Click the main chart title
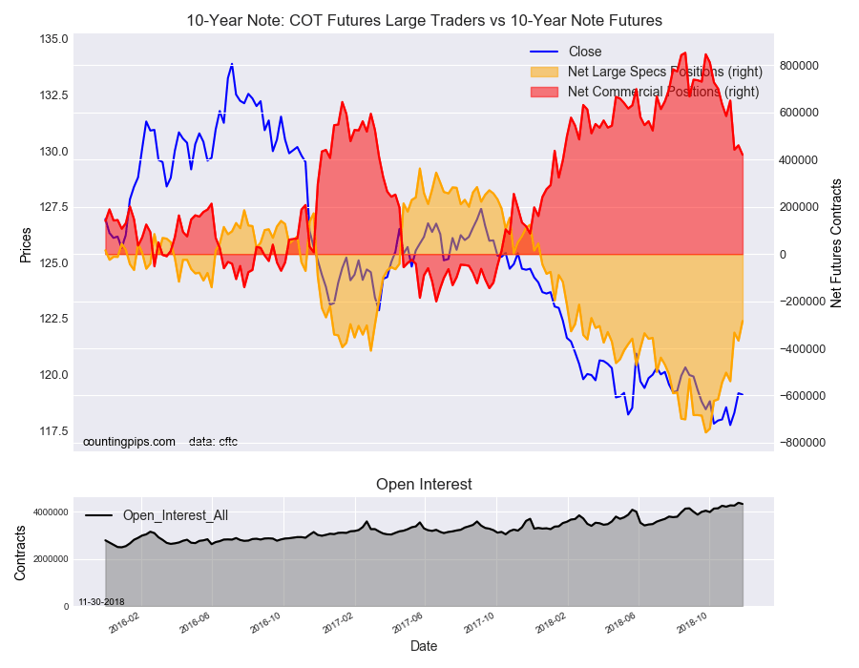click(x=424, y=20)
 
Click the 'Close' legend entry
click(x=584, y=52)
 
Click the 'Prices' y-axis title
click(x=26, y=245)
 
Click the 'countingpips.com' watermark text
click(x=129, y=442)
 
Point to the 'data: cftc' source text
click(x=213, y=442)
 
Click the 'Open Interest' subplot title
click(x=424, y=485)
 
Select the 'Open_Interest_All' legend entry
click(x=175, y=515)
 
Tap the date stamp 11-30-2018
click(x=101, y=601)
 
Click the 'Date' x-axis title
click(x=424, y=646)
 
